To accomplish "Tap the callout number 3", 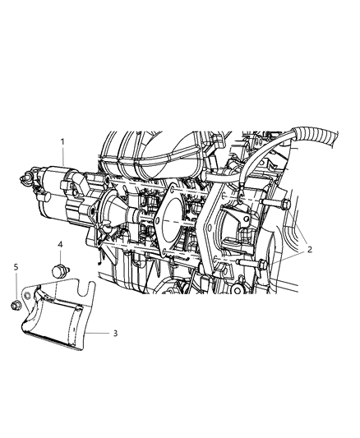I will (115, 334).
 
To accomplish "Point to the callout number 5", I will (16, 267).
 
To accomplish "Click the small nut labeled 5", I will (16, 307).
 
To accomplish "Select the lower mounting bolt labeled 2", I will (260, 264).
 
